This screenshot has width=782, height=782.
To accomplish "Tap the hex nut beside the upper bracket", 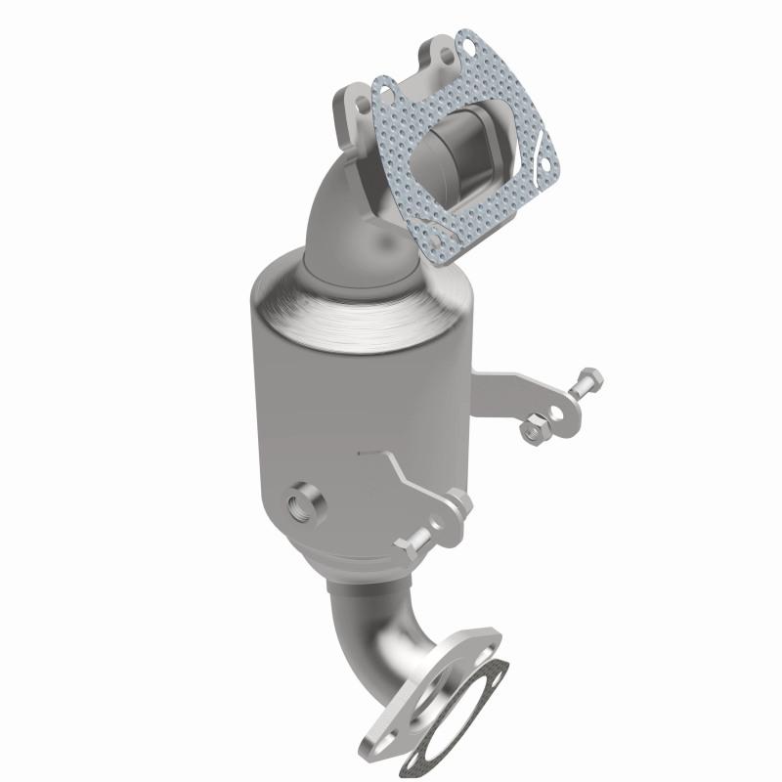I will click(x=536, y=426).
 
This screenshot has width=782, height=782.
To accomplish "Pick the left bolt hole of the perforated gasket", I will click(x=383, y=94).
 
